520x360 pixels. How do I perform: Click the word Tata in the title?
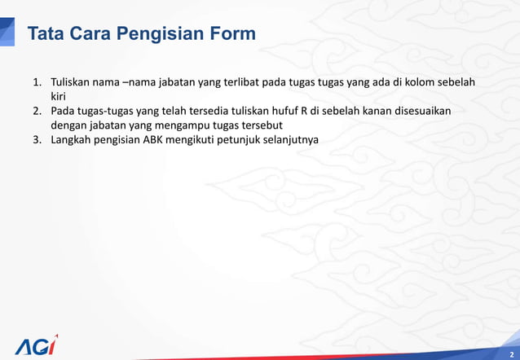click(x=46, y=34)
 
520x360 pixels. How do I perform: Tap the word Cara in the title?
click(x=91, y=34)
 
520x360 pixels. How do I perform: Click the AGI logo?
click(x=37, y=345)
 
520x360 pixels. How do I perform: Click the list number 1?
click(x=37, y=83)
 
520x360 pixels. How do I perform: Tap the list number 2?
click(x=37, y=111)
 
